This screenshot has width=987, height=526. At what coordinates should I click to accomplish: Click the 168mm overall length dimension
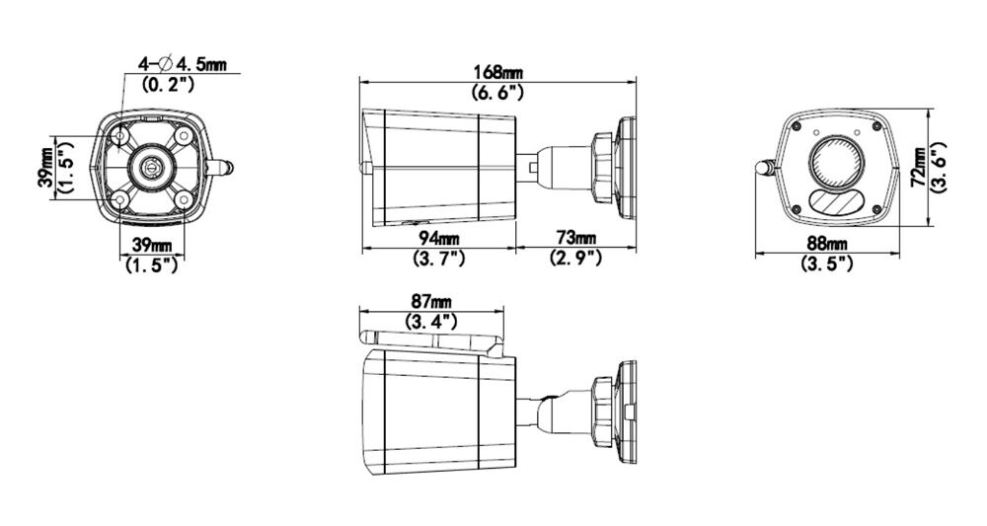tap(498, 72)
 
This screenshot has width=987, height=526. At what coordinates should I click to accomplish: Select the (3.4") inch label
tap(431, 321)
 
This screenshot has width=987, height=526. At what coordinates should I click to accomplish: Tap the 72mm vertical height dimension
tap(919, 168)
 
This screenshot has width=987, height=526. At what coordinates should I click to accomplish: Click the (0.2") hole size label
tap(169, 85)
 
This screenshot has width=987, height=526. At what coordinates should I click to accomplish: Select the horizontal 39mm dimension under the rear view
tap(150, 245)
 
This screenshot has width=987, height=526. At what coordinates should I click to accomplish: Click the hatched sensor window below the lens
tap(836, 203)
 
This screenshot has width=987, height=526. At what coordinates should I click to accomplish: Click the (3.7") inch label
tap(437, 259)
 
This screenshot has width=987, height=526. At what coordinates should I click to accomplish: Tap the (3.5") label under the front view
tap(826, 263)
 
